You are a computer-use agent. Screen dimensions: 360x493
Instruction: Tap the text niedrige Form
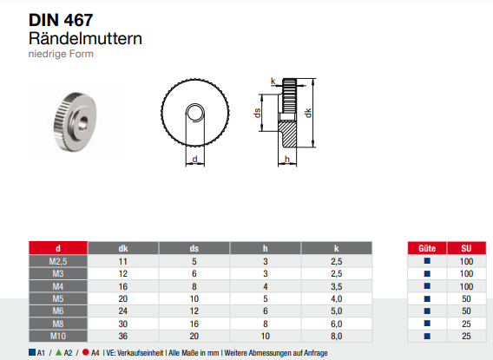point(61,54)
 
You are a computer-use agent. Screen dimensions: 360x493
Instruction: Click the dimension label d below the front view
point(195,160)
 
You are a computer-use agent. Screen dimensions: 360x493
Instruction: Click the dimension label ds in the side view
point(257,113)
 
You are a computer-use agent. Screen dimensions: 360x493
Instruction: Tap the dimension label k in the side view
point(273,82)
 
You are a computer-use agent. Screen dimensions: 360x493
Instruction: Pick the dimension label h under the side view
point(286,160)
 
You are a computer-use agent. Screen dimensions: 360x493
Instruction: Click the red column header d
point(57,248)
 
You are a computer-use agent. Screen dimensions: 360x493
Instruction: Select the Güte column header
point(426,248)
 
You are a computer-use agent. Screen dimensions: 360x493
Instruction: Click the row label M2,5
point(57,260)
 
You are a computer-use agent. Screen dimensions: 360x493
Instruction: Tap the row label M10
point(57,334)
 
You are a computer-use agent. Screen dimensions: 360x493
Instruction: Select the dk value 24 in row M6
point(122,310)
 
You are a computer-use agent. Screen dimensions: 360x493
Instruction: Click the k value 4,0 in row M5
point(335,298)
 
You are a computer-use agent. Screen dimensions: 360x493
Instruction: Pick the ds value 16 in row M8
point(194,322)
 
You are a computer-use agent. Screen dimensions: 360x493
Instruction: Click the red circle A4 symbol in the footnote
point(84,352)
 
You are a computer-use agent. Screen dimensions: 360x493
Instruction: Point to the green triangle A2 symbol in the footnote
point(57,352)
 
